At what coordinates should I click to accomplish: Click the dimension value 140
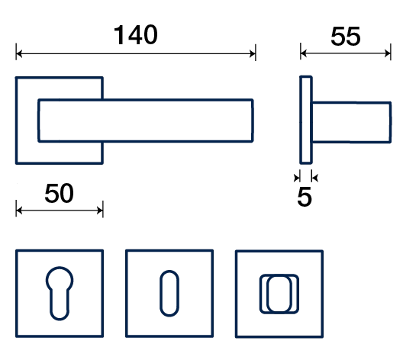click(x=135, y=34)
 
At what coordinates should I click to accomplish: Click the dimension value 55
click(x=346, y=37)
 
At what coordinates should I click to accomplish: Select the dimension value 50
click(x=59, y=193)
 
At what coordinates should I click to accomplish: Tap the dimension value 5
click(x=305, y=197)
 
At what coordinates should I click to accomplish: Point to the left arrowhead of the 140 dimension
click(x=19, y=54)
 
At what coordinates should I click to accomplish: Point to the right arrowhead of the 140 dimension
click(x=253, y=54)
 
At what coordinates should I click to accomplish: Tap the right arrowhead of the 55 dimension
click(x=388, y=53)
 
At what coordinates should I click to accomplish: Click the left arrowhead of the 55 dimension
click(x=304, y=53)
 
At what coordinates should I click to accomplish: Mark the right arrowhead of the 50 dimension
click(x=100, y=211)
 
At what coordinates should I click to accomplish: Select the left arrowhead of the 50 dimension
click(x=19, y=211)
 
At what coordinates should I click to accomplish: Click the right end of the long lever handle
click(x=253, y=121)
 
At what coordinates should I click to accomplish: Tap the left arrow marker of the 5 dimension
click(x=298, y=178)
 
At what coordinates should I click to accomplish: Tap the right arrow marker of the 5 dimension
click(x=314, y=178)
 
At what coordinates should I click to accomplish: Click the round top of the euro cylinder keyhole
click(x=60, y=268)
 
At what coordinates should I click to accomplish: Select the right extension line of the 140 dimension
click(x=256, y=53)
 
